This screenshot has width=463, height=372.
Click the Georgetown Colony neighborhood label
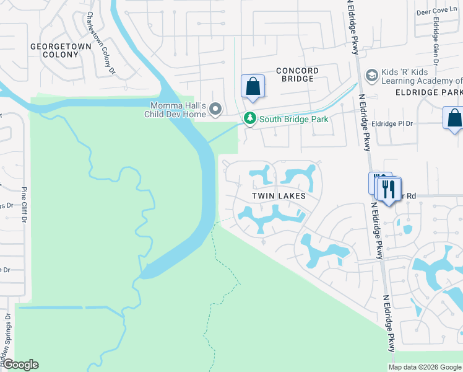click(x=54, y=50)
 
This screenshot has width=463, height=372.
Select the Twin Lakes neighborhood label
click(x=279, y=195)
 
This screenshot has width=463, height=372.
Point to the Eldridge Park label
click(x=428, y=92)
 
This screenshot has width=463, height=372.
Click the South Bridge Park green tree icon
click(x=250, y=118)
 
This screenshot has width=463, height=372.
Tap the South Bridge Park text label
click(x=293, y=119)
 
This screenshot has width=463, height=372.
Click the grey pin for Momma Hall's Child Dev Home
click(x=215, y=109)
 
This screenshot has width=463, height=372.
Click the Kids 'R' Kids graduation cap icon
click(x=372, y=76)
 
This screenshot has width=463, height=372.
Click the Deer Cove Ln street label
click(x=446, y=11)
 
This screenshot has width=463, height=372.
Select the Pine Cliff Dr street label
click(x=25, y=205)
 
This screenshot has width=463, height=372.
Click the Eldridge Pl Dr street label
click(x=394, y=123)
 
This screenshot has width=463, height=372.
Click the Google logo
click(x=20, y=365)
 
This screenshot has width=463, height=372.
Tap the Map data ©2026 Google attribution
click(x=425, y=367)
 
